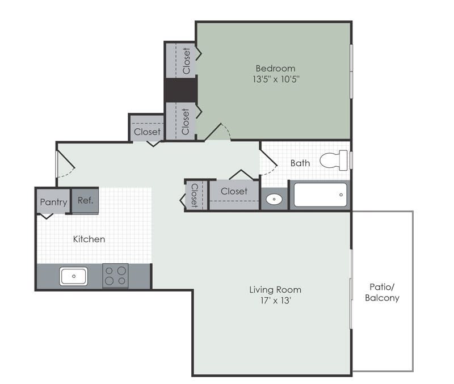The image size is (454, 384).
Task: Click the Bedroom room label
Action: pyautogui.click(x=275, y=68)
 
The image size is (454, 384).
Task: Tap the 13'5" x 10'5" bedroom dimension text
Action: pyautogui.click(x=275, y=79)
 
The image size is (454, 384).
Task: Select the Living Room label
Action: pyautogui.click(x=275, y=289)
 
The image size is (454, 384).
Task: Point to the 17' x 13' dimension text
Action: pyautogui.click(x=275, y=300)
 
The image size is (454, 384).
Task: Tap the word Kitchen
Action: pyautogui.click(x=89, y=239)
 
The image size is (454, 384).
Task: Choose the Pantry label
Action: pyautogui.click(x=53, y=202)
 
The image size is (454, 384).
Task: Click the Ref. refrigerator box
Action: pyautogui.click(x=85, y=200)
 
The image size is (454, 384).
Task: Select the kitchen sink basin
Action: pyautogui.click(x=73, y=277)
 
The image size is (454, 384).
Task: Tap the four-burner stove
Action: pyautogui.click(x=115, y=276)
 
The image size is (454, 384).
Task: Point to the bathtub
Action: pyautogui.click(x=320, y=195)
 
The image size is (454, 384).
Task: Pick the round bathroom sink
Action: pyautogui.click(x=274, y=199)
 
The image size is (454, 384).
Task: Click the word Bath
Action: pyautogui.click(x=300, y=163)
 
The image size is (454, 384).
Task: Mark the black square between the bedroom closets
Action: pyautogui.click(x=180, y=90)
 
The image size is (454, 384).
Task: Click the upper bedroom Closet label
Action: pyautogui.click(x=186, y=61)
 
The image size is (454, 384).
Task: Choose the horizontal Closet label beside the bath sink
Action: pyautogui.click(x=234, y=191)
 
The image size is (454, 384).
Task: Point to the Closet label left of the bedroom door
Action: pyautogui.click(x=147, y=132)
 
